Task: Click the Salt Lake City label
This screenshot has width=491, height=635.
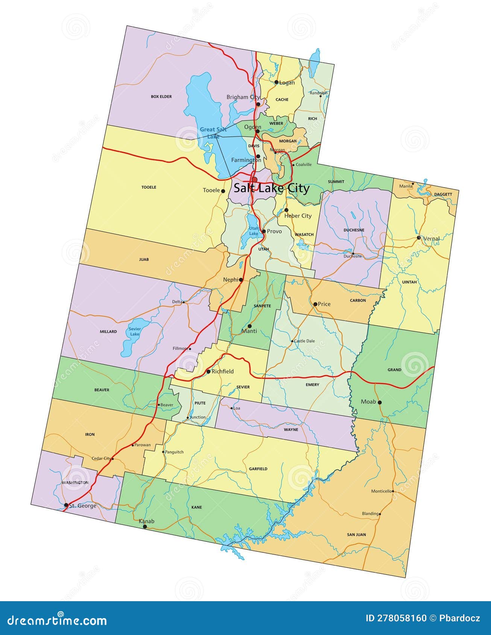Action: pyautogui.click(x=271, y=188)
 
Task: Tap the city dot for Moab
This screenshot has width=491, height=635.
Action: pyautogui.click(x=380, y=402)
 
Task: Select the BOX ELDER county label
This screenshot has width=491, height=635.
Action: pyautogui.click(x=161, y=97)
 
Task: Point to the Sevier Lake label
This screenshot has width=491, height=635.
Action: pyautogui.click(x=134, y=331)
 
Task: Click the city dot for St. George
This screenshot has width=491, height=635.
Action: pyautogui.click(x=66, y=505)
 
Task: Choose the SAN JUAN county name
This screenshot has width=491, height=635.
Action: pyautogui.click(x=356, y=534)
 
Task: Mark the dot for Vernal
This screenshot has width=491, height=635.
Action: pyautogui.click(x=419, y=238)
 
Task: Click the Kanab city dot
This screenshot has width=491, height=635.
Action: pyautogui.click(x=145, y=527)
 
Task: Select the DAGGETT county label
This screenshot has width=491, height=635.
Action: pyautogui.click(x=443, y=194)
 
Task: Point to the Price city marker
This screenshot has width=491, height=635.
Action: pyautogui.click(x=315, y=304)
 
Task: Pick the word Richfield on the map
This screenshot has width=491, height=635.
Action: pyautogui.click(x=222, y=371)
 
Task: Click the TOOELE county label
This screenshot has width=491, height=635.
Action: pyautogui.click(x=149, y=187)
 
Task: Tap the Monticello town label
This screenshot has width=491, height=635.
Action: pyautogui.click(x=382, y=491)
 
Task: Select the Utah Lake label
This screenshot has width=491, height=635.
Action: pyautogui.click(x=254, y=231)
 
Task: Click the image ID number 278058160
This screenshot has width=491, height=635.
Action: pyautogui.click(x=402, y=618)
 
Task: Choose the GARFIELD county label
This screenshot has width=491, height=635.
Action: pyautogui.click(x=258, y=469)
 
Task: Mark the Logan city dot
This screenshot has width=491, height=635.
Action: pyautogui.click(x=276, y=82)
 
